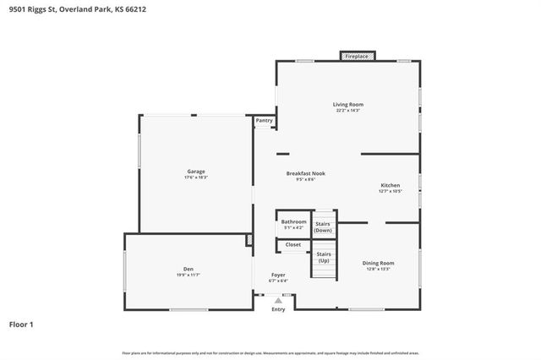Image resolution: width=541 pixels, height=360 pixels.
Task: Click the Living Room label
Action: (x=348, y=105)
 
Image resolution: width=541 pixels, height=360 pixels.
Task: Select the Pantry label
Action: (x=264, y=121)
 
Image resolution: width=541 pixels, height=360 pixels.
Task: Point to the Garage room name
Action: (x=196, y=172)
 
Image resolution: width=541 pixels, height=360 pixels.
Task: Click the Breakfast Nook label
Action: (x=305, y=173)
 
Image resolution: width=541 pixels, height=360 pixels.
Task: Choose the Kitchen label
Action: (x=390, y=185)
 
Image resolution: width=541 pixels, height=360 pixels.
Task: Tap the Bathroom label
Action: (x=294, y=221)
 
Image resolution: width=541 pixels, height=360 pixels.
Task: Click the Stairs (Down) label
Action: (x=323, y=227)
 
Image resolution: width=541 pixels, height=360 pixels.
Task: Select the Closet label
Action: (x=292, y=245)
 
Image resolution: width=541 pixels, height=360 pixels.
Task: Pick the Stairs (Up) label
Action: (x=324, y=257)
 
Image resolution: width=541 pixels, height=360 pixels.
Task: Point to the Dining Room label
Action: (x=378, y=263)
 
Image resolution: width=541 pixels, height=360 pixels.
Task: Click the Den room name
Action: (x=189, y=269)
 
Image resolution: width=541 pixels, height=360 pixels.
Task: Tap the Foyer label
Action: (x=278, y=275)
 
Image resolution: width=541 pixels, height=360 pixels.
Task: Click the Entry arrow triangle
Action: (x=278, y=299)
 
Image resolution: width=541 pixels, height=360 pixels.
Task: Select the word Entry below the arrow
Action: (x=278, y=309)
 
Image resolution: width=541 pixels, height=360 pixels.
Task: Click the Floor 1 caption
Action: (x=21, y=324)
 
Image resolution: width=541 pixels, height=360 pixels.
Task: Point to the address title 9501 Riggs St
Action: (x=59, y=10)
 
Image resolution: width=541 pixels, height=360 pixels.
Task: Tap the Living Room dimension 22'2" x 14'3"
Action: (x=348, y=111)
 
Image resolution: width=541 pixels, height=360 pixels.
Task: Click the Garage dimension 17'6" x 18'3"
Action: (x=196, y=177)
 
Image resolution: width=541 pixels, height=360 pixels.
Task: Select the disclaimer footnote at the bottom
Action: (x=270, y=352)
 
